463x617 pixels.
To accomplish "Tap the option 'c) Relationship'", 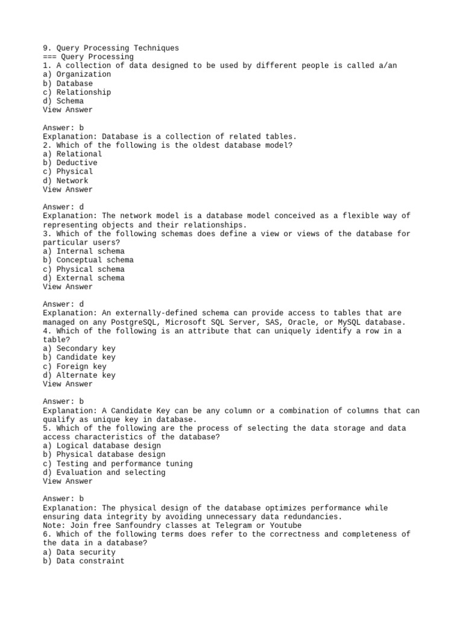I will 77,92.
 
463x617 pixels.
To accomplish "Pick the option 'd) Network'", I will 65,181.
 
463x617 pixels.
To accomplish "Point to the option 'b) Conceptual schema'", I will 88,260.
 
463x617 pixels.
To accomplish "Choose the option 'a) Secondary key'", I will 79,348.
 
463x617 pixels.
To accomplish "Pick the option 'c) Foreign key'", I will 74,366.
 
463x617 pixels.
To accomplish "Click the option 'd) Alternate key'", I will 79,375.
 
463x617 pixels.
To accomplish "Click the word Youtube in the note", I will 283,525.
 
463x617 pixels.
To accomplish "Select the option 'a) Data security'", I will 79,552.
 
